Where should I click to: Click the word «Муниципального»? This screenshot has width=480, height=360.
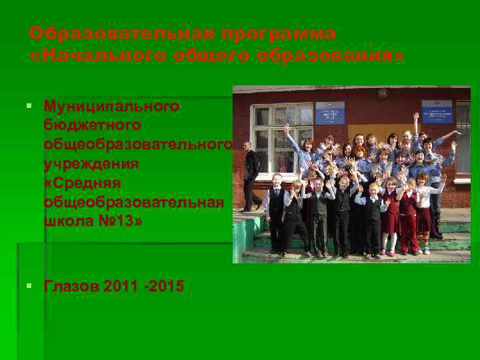point(111,106)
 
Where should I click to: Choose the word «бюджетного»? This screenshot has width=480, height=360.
point(92,125)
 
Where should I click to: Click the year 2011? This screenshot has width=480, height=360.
point(123,286)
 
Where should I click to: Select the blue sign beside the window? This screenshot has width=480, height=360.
point(329,113)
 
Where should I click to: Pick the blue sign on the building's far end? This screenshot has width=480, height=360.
point(437,111)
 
